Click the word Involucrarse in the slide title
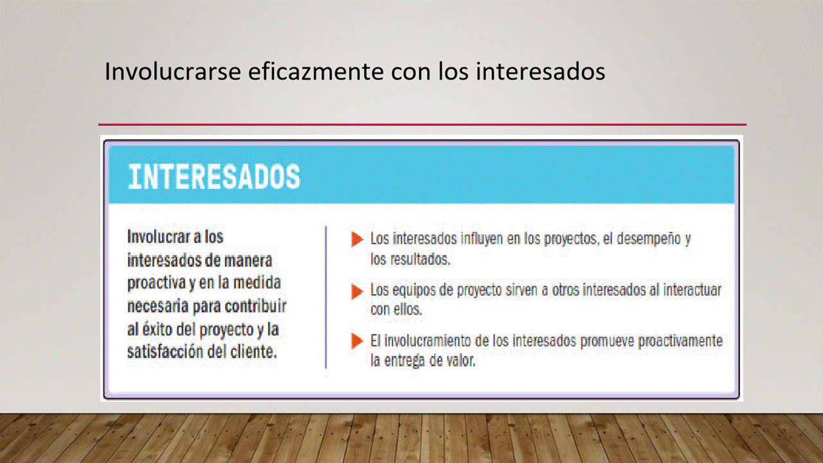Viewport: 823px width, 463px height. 173,71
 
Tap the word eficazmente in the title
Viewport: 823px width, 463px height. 316,71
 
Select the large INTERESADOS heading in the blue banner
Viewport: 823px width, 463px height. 214,177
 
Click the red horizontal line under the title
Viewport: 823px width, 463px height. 422,125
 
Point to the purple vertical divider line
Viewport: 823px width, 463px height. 326,297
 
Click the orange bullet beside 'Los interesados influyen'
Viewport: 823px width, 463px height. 357,239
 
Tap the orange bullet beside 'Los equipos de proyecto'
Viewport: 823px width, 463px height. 357,292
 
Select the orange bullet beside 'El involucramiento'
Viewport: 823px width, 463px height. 357,341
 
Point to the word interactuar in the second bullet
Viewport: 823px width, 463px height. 692,290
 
